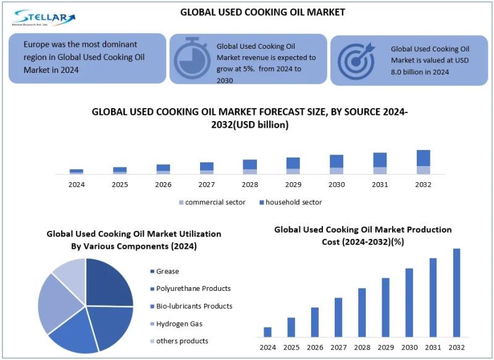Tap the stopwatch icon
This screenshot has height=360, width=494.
193,59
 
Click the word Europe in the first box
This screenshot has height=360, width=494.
38,44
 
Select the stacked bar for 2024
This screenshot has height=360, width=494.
77,171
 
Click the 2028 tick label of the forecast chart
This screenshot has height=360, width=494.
249,185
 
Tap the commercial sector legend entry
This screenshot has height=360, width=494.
214,202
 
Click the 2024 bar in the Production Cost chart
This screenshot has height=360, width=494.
267,332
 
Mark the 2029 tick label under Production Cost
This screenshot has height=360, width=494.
385,348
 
